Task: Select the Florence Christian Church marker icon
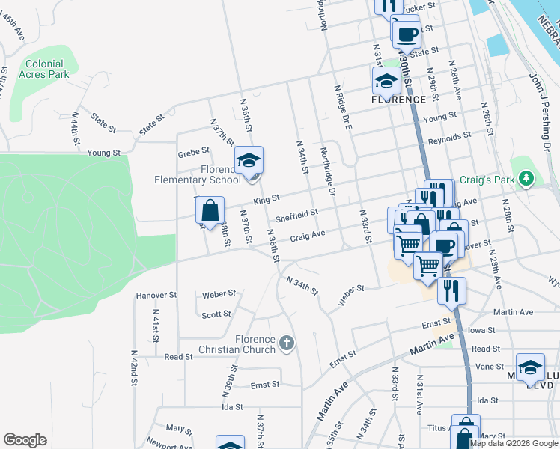285,343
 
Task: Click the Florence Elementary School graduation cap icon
249,159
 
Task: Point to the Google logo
25,440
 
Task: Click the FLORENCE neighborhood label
399,99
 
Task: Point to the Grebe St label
192,155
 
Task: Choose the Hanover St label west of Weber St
156,296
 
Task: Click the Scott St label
216,314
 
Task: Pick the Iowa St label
481,330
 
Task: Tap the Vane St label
489,366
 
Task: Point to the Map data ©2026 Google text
514,443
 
